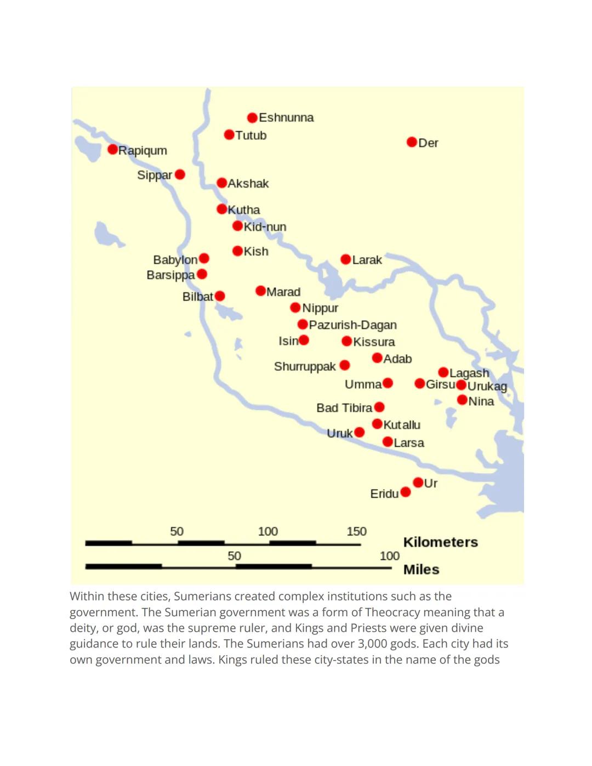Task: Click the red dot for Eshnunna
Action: pos(252,118)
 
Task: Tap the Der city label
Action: pos(428,143)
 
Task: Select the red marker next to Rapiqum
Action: pos(112,149)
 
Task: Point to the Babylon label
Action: pos(175,260)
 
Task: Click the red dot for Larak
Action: pos(345,259)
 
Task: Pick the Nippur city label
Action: pos(320,308)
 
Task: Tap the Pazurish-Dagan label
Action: pos(352,325)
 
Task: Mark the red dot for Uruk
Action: pos(359,432)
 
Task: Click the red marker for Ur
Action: pos(418,483)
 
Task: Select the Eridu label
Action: pos(384,494)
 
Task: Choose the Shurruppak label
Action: pos(305,366)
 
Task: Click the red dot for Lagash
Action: pos(443,373)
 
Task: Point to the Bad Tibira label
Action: pos(344,408)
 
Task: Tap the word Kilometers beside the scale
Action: pos(440,542)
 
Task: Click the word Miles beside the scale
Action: pos(421,570)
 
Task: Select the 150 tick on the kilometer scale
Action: pos(356,531)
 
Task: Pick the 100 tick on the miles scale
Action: pos(389,556)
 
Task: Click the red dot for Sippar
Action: pos(180,174)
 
